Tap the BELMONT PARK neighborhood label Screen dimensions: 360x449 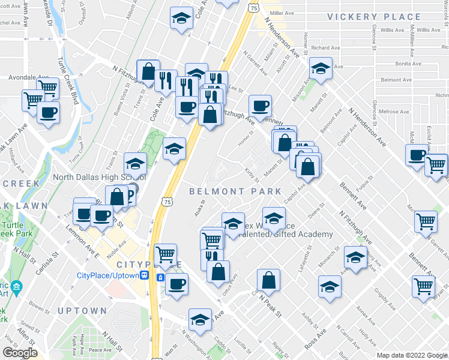point(235,191)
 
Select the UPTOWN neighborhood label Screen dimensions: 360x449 point(82,311)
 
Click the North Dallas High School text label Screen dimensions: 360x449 point(99,177)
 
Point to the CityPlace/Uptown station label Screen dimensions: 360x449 point(109,275)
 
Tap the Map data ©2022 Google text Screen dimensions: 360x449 point(412,355)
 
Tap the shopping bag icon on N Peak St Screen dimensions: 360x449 point(269,279)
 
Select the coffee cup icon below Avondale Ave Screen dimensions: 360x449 point(48,112)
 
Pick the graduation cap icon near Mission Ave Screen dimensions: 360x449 point(321,70)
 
